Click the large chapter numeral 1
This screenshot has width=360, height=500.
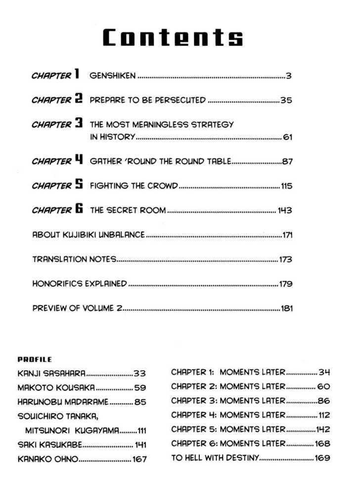tap(77, 75)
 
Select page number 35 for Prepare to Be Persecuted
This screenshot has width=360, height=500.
tap(286, 100)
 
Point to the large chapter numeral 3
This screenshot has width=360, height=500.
tap(78, 124)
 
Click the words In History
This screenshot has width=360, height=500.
tap(112, 137)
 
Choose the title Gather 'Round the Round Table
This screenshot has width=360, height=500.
tap(160, 162)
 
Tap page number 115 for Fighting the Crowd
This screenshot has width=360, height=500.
tap(286, 186)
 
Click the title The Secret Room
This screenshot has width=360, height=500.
tap(128, 210)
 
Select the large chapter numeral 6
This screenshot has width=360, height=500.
tap(79, 209)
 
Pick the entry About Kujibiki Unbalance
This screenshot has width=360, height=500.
tap(89, 235)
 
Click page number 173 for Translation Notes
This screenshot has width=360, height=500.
tap(286, 259)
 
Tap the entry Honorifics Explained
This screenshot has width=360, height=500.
tap(80, 284)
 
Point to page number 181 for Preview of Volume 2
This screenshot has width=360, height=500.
tap(287, 309)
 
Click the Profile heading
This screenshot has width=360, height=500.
tap(35, 360)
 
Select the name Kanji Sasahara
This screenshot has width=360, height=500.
tap(51, 373)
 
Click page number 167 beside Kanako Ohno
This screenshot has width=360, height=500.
tap(139, 459)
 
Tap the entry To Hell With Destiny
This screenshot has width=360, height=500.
tap(215, 458)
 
